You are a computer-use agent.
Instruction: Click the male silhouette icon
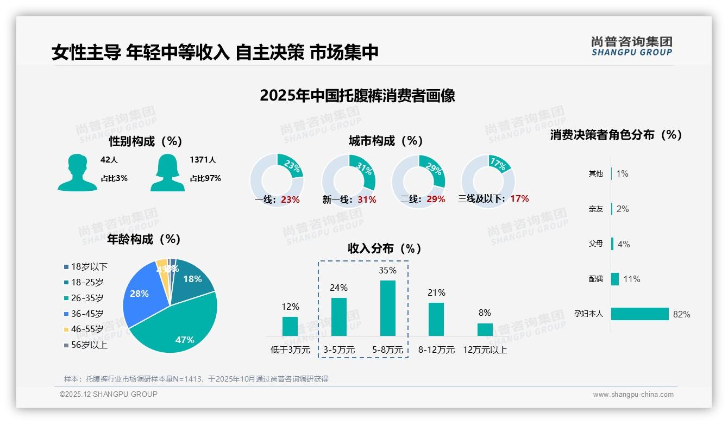(77, 173)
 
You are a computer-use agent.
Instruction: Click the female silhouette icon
(167, 173)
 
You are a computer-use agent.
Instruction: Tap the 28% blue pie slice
(140, 296)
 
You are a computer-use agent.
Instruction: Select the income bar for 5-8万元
(388, 308)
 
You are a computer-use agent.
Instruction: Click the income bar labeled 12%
(290, 326)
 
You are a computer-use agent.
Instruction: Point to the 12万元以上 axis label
(485, 350)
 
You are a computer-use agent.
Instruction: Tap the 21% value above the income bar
(436, 293)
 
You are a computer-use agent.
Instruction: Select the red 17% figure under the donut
(519, 198)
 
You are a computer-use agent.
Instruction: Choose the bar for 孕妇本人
(640, 314)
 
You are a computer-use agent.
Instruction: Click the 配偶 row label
(595, 279)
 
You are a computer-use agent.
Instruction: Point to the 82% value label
(681, 315)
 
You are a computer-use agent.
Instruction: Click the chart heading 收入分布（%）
(385, 248)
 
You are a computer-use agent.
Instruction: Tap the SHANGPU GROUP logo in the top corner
(631, 46)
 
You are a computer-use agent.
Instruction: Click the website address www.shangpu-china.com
(633, 395)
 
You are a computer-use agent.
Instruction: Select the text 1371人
(203, 160)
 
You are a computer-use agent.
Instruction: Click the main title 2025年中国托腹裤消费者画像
(357, 96)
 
